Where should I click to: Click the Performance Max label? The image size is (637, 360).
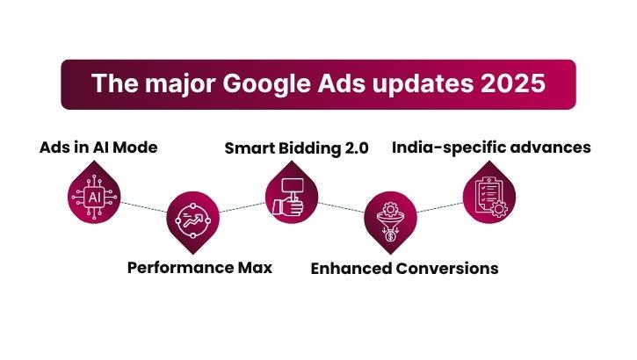(199, 267)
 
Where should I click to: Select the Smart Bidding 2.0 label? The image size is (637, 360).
(296, 147)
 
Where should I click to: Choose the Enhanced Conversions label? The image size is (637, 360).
(404, 268)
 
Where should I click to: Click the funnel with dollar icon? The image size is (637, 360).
(388, 221)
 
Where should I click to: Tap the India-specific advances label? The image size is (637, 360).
(491, 147)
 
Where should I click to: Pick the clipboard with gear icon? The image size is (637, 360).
(487, 197)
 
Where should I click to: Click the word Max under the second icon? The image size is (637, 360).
(254, 267)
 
